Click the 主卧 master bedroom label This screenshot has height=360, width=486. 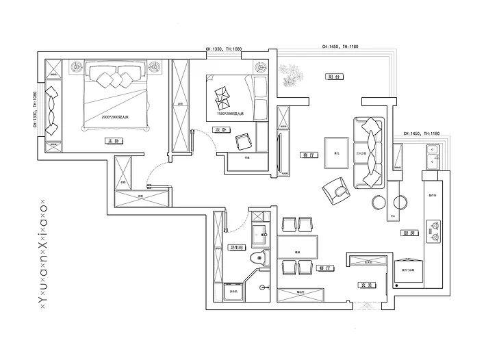(113, 141)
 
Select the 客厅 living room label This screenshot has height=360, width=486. (307, 155)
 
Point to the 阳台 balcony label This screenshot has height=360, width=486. (334, 77)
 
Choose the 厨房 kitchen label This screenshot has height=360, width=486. (406, 233)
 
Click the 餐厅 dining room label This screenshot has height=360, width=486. (324, 269)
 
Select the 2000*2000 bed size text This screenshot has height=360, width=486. (115, 118)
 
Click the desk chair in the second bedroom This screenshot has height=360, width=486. (243, 142)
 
